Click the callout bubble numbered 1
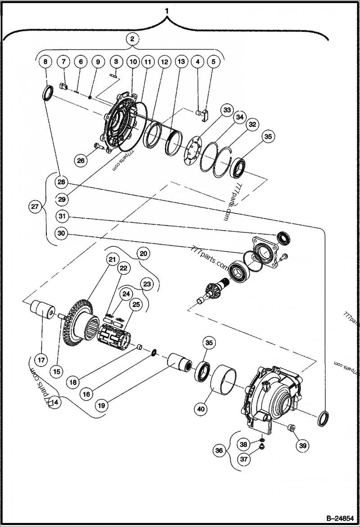[x=167, y=9]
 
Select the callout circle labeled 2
[x=132, y=40]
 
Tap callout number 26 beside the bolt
[x=80, y=160]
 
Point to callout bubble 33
[x=226, y=110]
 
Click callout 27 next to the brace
[x=34, y=207]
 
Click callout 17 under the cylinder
[x=41, y=347]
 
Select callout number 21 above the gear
[x=111, y=260]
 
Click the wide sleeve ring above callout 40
[x=224, y=379]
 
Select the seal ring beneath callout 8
[x=48, y=93]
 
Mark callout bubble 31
[x=62, y=217]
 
